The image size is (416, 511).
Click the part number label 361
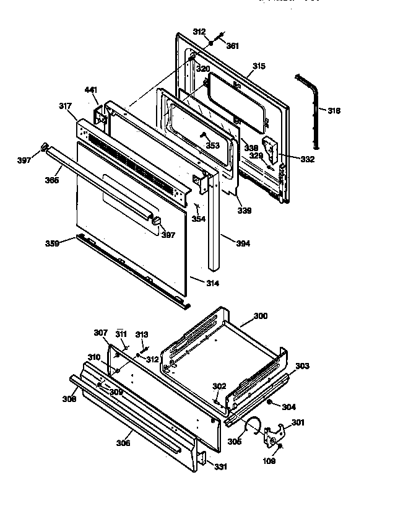tap(232, 46)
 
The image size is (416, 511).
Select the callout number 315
tap(259, 66)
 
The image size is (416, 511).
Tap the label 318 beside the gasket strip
tap(334, 111)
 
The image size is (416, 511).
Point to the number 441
tap(91, 90)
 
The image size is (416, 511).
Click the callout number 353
tap(212, 146)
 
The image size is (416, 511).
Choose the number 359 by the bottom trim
tap(51, 243)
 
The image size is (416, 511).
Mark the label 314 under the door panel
tap(212, 283)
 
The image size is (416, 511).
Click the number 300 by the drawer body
tap(261, 316)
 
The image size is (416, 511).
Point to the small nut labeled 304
tap(271, 403)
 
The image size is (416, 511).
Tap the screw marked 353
tap(202, 135)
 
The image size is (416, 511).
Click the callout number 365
tap(53, 180)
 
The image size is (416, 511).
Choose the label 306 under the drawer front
tap(124, 443)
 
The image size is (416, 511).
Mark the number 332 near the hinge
tap(307, 159)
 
